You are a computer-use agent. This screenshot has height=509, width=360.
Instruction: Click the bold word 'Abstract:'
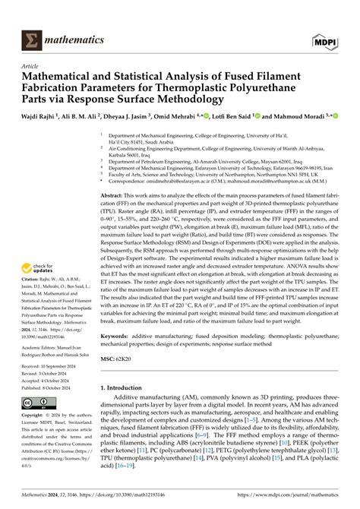click(x=116, y=196)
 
